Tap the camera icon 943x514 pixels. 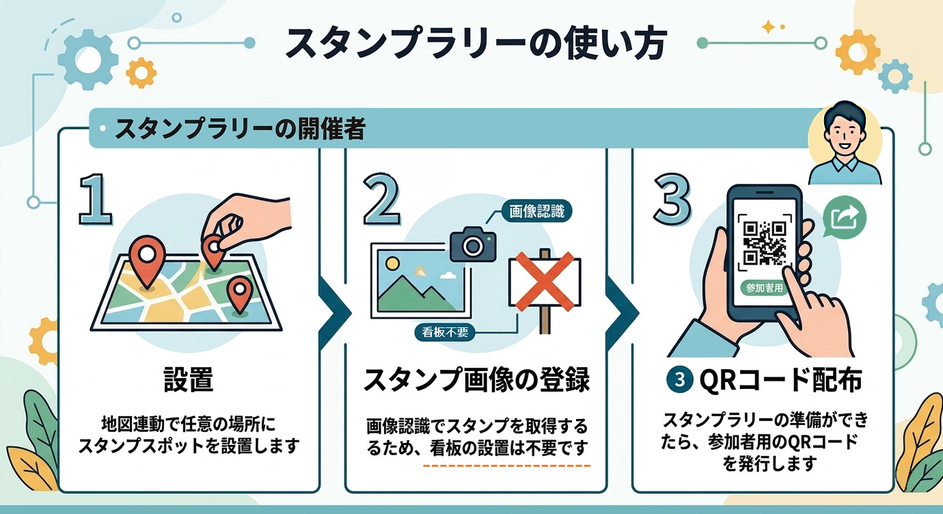coord(472,244)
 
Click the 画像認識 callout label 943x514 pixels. coord(537,211)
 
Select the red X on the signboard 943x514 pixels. coord(544,282)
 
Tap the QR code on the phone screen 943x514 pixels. coord(764,242)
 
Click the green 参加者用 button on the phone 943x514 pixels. coord(763,287)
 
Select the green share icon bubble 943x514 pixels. coord(845,218)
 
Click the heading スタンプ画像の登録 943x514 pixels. coord(476,380)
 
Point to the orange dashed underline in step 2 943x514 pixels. coord(506,465)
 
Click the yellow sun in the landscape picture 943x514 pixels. coord(392,263)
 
